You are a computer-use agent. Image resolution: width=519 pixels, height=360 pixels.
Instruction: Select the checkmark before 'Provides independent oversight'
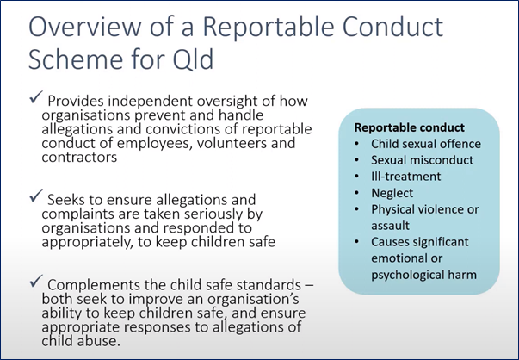coord(36,97)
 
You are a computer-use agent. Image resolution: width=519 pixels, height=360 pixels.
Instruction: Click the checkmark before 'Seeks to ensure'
coord(36,196)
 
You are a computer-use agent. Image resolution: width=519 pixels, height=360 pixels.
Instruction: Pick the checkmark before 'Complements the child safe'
coord(36,281)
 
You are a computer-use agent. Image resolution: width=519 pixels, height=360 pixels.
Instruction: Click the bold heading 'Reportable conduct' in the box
coord(410,127)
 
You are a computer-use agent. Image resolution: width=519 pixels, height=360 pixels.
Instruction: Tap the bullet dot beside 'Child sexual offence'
coord(356,144)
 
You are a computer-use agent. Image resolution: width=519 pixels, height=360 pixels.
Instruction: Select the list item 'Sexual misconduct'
coord(423,160)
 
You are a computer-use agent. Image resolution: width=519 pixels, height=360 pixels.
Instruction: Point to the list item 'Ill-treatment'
coord(405,177)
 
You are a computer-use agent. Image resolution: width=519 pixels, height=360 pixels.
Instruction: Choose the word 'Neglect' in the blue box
coord(392,193)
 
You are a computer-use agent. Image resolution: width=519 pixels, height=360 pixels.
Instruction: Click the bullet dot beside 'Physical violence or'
coord(356,209)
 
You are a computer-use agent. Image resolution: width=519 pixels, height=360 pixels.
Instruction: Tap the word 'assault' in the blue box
coord(390,226)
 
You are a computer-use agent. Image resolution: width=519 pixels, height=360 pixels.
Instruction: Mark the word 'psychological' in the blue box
coord(406,275)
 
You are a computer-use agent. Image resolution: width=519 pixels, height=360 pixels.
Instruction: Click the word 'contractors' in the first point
coord(79,157)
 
